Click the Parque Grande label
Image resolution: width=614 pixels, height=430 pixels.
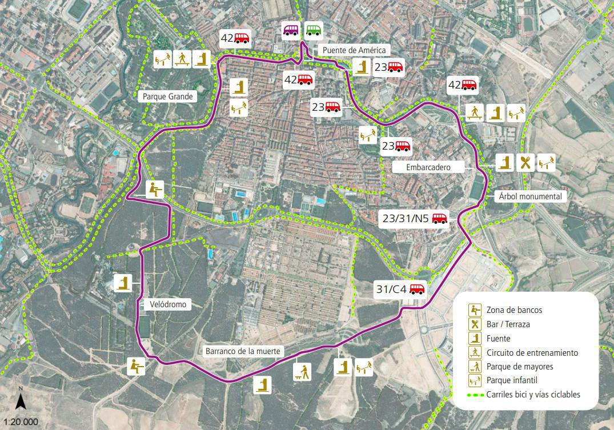(x=168, y=97)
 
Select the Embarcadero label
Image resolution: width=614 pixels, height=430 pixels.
(x=428, y=167)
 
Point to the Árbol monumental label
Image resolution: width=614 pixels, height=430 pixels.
(x=530, y=196)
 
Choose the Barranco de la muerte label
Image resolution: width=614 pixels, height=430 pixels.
(x=243, y=351)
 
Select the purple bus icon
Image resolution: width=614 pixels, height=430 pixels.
(x=291, y=30)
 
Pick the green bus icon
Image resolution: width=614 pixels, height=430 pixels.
(x=313, y=30)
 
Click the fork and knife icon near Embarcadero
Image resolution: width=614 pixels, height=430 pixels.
(x=525, y=163)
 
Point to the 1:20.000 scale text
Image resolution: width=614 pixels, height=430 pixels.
(x=21, y=422)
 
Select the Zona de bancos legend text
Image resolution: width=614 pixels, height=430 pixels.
(x=514, y=310)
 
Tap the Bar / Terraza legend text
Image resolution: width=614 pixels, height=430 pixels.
(x=508, y=324)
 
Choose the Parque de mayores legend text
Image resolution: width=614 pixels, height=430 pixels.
(x=520, y=366)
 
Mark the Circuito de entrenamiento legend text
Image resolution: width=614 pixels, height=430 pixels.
(x=532, y=352)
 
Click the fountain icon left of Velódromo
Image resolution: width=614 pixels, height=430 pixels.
(x=123, y=283)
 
